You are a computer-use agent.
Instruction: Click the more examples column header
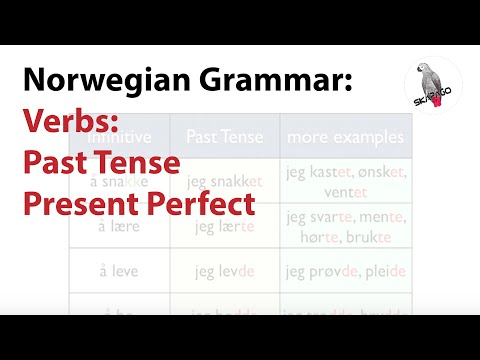pos(344,136)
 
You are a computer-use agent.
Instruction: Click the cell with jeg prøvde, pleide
pos(344,271)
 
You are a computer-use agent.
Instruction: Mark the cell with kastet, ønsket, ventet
pos(344,181)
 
